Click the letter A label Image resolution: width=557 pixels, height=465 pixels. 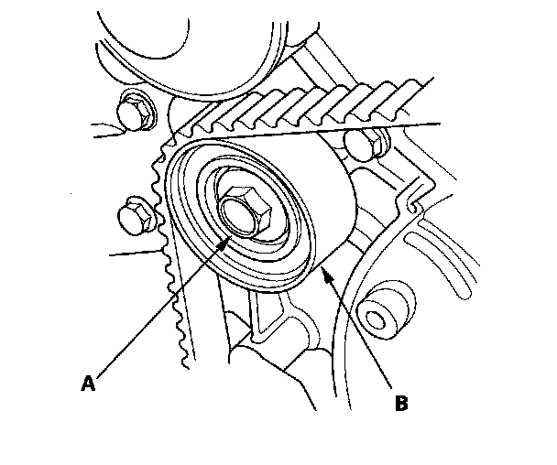point(88,384)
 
